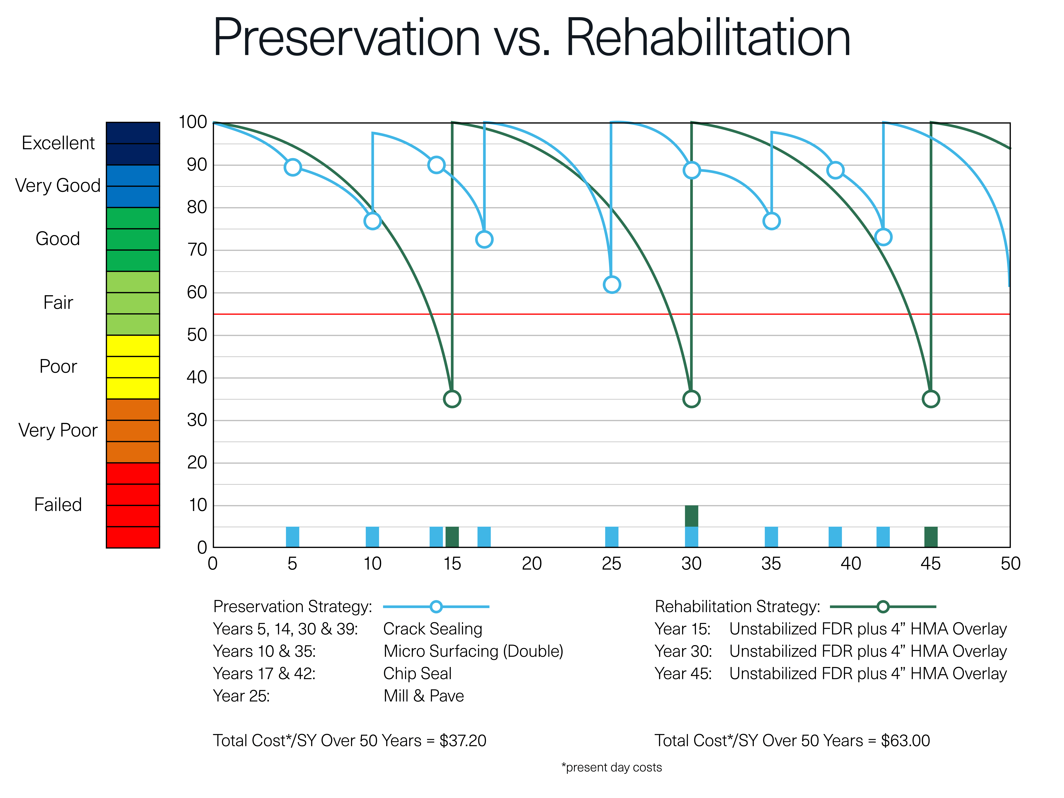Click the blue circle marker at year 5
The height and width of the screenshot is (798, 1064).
[x=292, y=167]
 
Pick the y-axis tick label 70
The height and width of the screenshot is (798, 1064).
[x=197, y=250]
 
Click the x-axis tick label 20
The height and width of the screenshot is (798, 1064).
[x=532, y=564]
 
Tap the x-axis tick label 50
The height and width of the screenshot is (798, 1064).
[x=1010, y=564]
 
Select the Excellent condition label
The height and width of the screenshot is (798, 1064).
[x=58, y=143]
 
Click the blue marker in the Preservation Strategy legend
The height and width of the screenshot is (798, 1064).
[x=436, y=607]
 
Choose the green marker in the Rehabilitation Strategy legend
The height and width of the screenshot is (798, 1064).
[x=883, y=607]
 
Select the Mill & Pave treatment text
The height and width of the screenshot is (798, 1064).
[x=423, y=696]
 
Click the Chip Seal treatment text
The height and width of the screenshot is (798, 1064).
[x=417, y=673]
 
